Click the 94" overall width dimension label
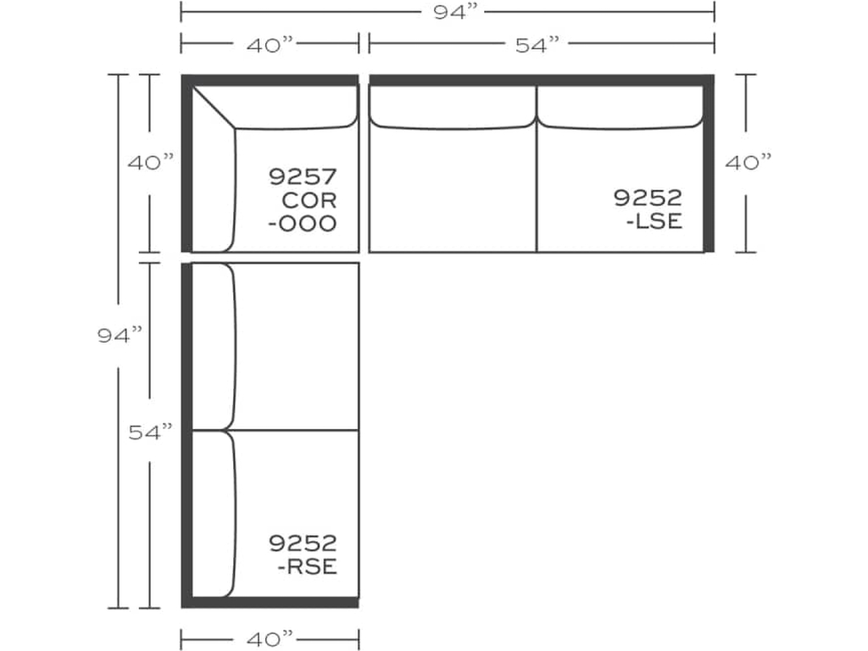point(448,12)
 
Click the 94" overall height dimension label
point(119,336)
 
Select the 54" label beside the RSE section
point(150,432)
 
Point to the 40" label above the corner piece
point(270,45)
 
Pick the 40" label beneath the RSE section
point(270,636)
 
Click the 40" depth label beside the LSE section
point(748,163)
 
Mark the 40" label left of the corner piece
point(150,163)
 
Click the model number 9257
point(303,177)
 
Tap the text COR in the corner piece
point(310,201)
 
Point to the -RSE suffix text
point(307,566)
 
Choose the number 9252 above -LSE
point(648,198)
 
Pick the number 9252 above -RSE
point(303,542)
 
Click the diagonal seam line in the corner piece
point(214,107)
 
